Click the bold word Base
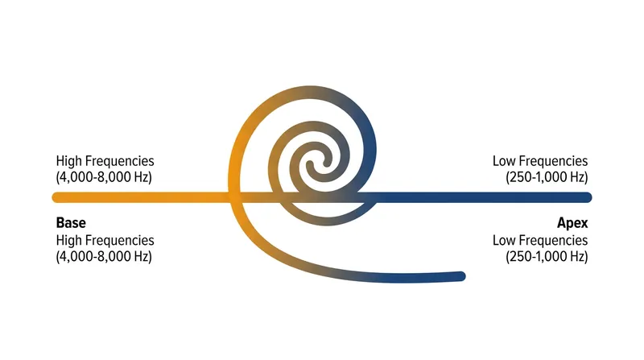click(71, 223)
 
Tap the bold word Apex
click(572, 223)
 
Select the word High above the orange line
click(68, 161)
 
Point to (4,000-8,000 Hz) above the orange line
click(104, 177)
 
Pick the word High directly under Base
click(68, 241)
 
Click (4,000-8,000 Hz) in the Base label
click(104, 256)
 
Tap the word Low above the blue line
click(502, 161)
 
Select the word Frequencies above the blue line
click(552, 161)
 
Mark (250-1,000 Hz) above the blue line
click(547, 177)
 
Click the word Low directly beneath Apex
click(502, 241)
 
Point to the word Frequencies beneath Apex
click(552, 241)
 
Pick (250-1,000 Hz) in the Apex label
click(547, 256)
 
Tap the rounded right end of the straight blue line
click(588, 197)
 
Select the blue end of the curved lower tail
click(462, 276)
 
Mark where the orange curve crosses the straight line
click(233, 197)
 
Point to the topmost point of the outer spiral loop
click(310, 90)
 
